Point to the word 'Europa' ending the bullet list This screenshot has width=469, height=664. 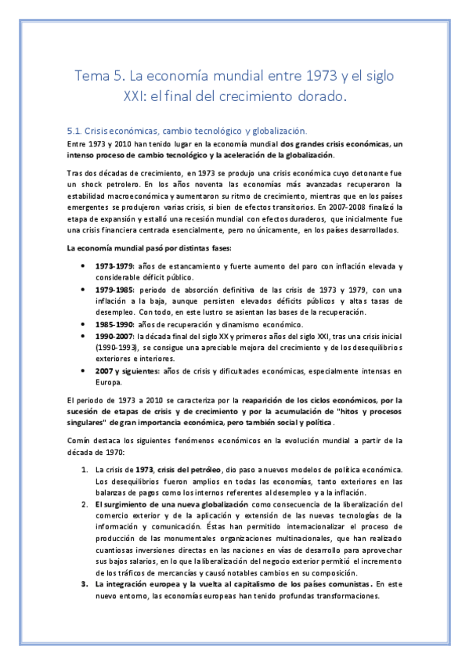pos(109,382)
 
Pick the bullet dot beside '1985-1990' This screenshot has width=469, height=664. pos(83,324)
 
